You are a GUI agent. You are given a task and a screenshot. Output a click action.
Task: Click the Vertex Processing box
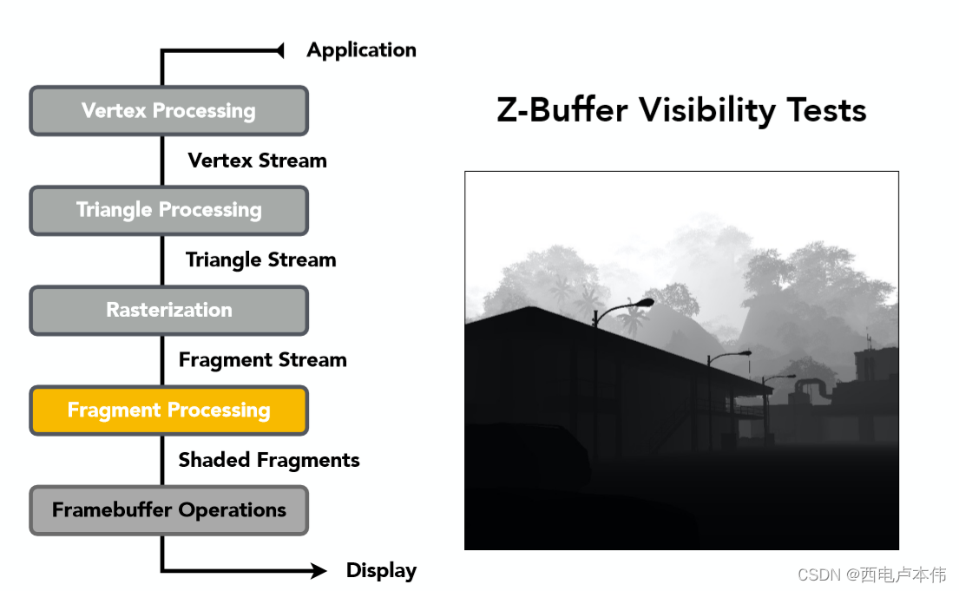(169, 111)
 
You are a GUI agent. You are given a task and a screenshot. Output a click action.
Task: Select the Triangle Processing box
(169, 210)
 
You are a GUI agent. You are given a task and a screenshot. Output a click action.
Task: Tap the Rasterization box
(169, 310)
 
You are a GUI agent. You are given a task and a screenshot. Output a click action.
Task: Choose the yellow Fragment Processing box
(169, 410)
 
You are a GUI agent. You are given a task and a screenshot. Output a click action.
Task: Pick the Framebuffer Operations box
(169, 510)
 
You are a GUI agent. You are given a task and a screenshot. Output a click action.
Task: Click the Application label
(361, 50)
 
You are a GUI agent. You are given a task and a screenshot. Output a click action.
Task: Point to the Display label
(381, 571)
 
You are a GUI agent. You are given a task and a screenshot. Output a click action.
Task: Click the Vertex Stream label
(257, 161)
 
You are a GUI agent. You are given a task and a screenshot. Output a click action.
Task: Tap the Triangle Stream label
(260, 259)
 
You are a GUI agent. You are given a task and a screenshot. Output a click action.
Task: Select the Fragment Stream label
(262, 360)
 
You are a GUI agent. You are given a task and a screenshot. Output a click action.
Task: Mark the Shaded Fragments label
(269, 460)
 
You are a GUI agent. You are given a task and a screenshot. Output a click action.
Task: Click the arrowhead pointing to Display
(319, 571)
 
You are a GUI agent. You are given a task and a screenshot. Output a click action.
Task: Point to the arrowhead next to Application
(279, 51)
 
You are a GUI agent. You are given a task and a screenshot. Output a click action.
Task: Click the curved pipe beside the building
(813, 385)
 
